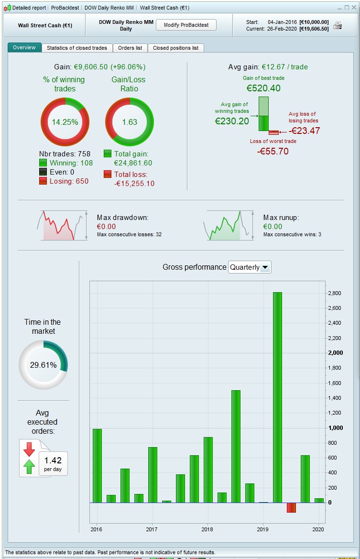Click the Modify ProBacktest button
coord(186,25)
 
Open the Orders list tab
coord(130,48)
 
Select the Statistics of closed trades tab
coord(77,48)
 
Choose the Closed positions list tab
coord(176,48)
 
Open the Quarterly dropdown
coord(250,267)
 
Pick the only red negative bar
coord(291,507)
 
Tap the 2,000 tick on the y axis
coord(335,353)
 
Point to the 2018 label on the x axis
coord(207,529)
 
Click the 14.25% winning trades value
coord(65,122)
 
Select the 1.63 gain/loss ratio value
coord(130,122)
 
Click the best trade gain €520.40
coord(263,88)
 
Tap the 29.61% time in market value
coord(43,365)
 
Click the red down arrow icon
coord(29,449)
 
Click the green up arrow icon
coord(29,466)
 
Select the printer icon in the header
coord(338,25)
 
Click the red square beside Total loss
coord(108,175)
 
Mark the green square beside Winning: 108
coord(43,163)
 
